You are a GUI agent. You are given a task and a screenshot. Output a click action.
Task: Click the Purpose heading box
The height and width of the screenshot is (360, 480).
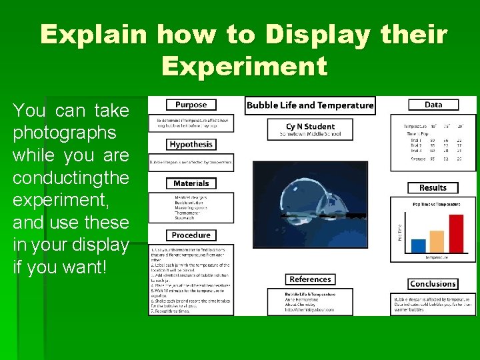pyautogui.click(x=191, y=105)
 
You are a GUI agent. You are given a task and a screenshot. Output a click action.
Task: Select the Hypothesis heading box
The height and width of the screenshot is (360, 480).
pyautogui.click(x=191, y=144)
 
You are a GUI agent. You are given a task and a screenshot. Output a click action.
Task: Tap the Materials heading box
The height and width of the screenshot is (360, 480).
pyautogui.click(x=191, y=183)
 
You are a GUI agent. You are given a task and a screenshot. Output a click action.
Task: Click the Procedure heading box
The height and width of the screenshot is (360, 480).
pyautogui.click(x=191, y=235)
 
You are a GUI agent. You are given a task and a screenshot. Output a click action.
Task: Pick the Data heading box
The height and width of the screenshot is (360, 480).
pyautogui.click(x=433, y=105)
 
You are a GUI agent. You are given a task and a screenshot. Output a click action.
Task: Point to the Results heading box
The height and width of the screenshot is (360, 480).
pyautogui.click(x=433, y=188)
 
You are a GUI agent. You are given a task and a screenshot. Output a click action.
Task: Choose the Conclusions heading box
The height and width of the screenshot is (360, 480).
pyautogui.click(x=433, y=284)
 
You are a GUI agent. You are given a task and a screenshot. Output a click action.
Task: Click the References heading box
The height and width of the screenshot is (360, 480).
pyautogui.click(x=310, y=279)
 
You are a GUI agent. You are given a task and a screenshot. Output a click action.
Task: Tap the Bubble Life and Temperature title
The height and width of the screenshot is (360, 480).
pyautogui.click(x=310, y=105)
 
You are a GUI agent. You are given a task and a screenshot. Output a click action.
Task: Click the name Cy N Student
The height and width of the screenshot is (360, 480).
pyautogui.click(x=310, y=126)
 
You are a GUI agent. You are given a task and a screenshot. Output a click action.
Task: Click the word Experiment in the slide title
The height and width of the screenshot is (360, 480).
pyautogui.click(x=244, y=66)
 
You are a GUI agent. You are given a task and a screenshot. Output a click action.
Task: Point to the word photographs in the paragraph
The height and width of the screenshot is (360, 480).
pyautogui.click(x=65, y=133)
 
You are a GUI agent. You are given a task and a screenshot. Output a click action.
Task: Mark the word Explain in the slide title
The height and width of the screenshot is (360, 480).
pyautogui.click(x=96, y=35)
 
